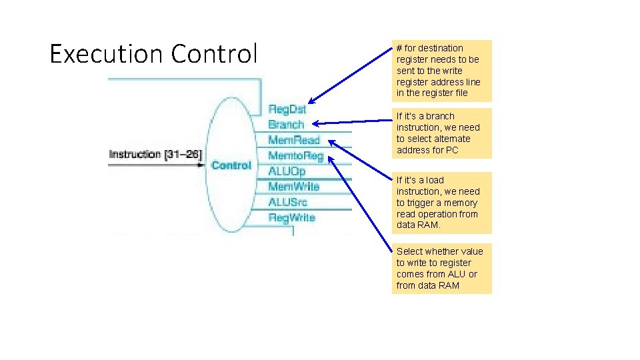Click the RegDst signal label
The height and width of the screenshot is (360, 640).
point(287,109)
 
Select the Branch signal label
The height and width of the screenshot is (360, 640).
point(285,125)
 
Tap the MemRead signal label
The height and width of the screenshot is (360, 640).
point(293,140)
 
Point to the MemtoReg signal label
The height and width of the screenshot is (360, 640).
point(295,156)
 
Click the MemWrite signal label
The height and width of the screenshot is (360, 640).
point(293,187)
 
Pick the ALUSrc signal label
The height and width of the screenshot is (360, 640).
point(287,202)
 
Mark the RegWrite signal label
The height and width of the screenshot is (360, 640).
point(291,217)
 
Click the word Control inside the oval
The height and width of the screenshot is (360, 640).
point(231,165)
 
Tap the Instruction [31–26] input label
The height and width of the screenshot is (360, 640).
point(155,155)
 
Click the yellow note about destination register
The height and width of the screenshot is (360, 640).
point(441,71)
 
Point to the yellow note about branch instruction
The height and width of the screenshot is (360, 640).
point(441,133)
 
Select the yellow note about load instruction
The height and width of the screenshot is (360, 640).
point(441,203)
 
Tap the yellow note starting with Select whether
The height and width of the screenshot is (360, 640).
point(441,268)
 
